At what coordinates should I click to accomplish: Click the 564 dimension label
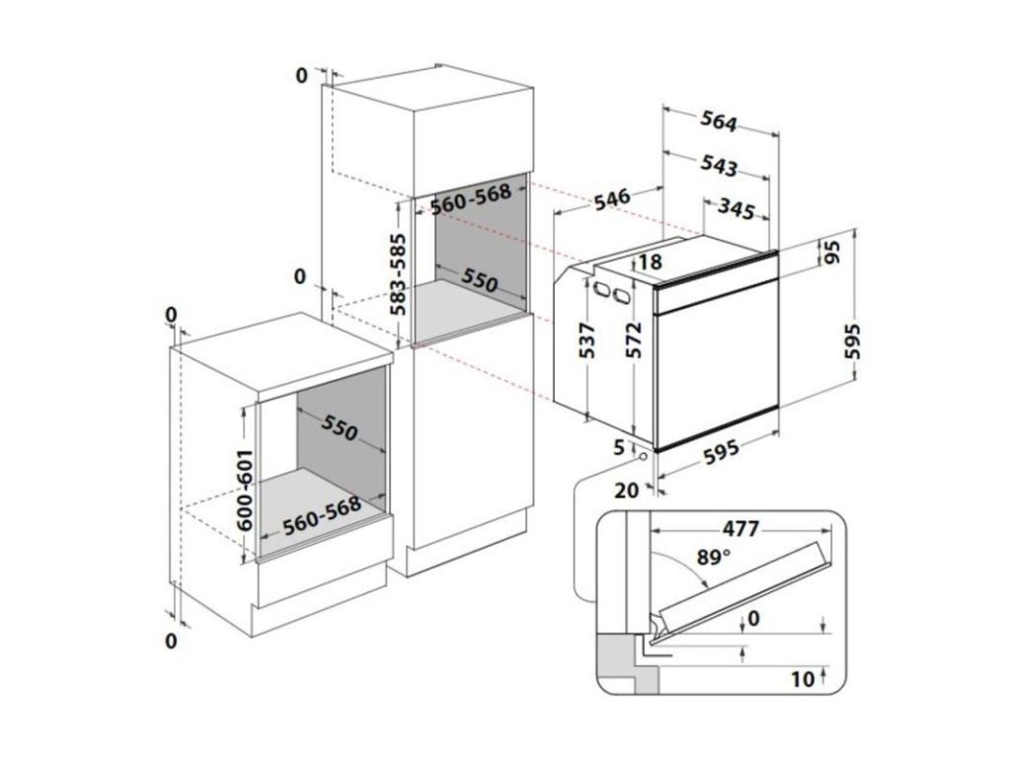tap(719, 121)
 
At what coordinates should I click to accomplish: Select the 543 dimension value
tap(720, 166)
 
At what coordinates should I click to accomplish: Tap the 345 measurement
tap(737, 209)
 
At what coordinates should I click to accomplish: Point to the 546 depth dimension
tap(612, 197)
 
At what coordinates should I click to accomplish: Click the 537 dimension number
tap(586, 341)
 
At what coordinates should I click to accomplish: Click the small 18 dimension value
tap(649, 263)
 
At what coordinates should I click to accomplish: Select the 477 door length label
tap(739, 529)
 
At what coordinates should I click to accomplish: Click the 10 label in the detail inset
tap(801, 679)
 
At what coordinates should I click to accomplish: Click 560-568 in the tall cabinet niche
tap(472, 201)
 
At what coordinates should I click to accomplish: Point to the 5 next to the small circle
tap(619, 447)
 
